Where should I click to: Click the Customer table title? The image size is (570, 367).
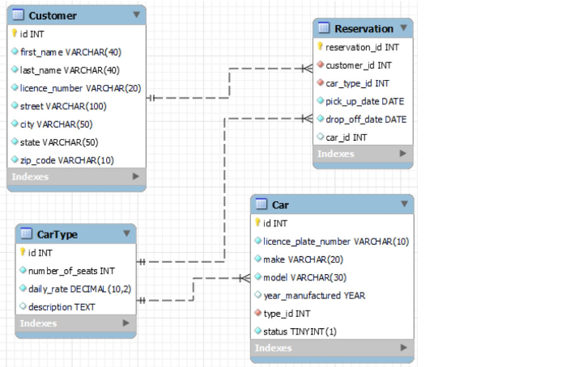coord(53,15)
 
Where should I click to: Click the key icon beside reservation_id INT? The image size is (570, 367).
coord(320,47)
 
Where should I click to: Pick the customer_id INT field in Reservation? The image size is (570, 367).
coord(359,65)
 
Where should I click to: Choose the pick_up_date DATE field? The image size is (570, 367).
coord(364,101)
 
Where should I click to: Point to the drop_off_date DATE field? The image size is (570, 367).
coord(366,119)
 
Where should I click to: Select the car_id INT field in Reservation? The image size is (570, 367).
coord(346,137)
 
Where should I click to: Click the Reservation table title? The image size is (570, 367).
coord(364,28)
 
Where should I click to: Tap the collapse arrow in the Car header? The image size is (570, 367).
coord(403,205)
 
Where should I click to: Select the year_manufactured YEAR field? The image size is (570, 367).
coord(314,295)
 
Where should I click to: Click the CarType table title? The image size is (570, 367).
coord(57,234)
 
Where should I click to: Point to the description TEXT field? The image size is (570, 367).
coord(62,307)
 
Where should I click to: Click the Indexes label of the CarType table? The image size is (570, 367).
coord(38,323)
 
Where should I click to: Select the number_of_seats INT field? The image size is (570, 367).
coord(71,271)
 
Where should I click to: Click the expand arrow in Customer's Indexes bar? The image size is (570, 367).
coord(135,176)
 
